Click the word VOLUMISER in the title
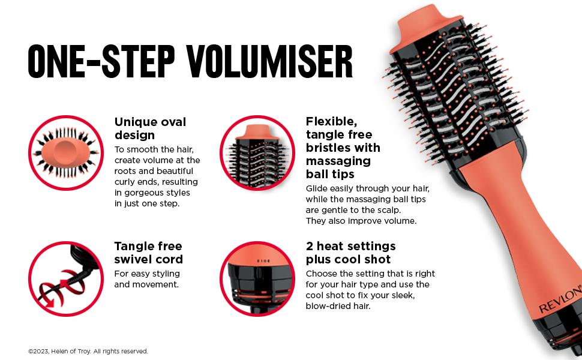(269, 62)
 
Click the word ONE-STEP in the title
(101, 62)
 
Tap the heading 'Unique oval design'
(151, 128)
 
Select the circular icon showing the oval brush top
(66, 152)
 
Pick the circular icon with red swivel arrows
(66, 279)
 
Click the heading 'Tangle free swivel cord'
(148, 253)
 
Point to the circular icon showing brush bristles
(257, 152)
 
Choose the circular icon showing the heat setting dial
(257, 279)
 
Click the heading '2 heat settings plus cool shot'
(351, 253)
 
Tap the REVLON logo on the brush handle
(560, 299)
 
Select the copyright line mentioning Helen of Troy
(88, 351)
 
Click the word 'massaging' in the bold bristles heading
(338, 161)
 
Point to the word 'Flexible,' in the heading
(331, 121)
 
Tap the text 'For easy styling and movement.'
(147, 279)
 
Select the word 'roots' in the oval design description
(125, 171)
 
